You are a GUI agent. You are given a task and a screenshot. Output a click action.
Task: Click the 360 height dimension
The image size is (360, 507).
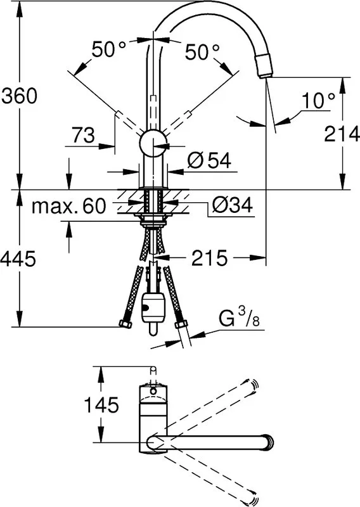[20, 96]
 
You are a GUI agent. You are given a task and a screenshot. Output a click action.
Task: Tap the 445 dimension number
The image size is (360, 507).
[18, 259]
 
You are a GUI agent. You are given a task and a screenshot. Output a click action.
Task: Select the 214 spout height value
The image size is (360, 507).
[342, 134]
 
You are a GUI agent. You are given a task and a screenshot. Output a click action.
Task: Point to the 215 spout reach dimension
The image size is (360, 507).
[209, 258]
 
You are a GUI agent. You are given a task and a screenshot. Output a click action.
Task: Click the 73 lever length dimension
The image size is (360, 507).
[83, 135]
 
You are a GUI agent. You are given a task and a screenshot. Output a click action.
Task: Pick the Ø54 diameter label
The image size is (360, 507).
[209, 160]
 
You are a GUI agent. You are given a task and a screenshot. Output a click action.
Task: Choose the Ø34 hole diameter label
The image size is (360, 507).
[233, 205]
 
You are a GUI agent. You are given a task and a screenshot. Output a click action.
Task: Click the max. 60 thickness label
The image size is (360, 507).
[68, 205]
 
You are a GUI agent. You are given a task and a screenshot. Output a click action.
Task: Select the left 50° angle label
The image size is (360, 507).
[109, 50]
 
